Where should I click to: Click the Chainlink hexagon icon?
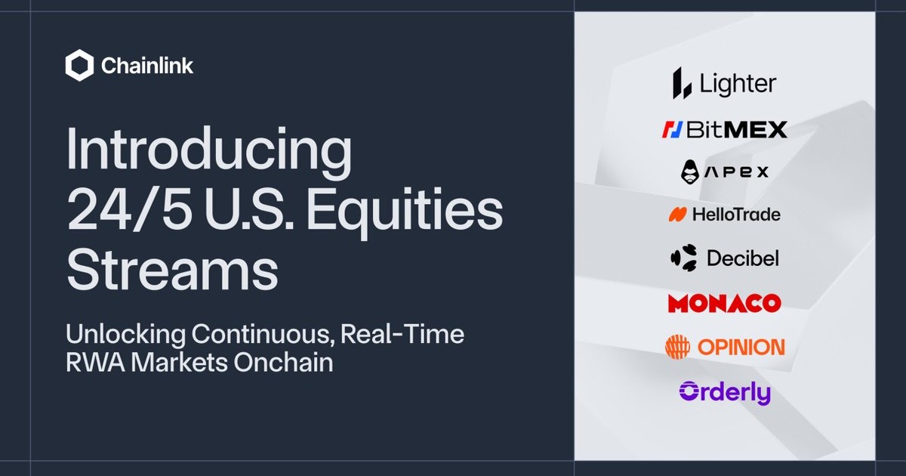coord(79,65)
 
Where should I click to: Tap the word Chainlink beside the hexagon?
coord(147,66)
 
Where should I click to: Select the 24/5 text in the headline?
coord(129,211)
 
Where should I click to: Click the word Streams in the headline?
coord(172,270)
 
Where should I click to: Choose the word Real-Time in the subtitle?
coord(402,334)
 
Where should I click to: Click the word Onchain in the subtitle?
coord(283,362)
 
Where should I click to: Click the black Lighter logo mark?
coord(682,83)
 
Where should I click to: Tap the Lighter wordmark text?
coord(738,84)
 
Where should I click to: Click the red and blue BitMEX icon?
coord(673,129)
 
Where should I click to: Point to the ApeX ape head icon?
coord(690,172)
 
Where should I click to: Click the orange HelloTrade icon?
coord(677,215)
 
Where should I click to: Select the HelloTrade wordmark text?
coord(737,215)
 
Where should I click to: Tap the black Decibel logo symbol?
coord(684,258)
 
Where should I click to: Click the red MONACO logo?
coord(724,303)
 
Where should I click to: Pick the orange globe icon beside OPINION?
coord(677,347)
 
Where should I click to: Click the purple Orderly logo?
coord(726,392)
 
